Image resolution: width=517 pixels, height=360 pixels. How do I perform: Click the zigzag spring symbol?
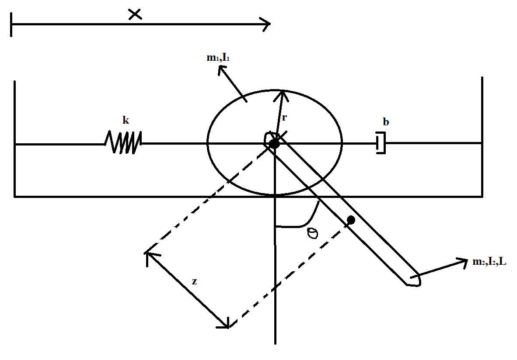(x=123, y=143)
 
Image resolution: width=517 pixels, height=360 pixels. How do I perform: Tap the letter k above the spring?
(x=126, y=121)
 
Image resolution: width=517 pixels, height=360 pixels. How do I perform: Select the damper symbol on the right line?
(x=381, y=144)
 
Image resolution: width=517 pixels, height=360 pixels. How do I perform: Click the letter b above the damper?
(x=385, y=123)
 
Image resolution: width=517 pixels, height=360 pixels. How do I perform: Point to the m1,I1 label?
(x=218, y=58)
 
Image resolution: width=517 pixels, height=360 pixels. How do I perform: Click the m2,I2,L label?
(x=489, y=262)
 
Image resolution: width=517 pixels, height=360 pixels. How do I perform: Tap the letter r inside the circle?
(x=285, y=117)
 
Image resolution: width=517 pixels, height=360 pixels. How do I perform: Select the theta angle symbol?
(x=313, y=233)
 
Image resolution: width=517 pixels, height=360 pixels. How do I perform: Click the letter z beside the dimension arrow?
(x=194, y=282)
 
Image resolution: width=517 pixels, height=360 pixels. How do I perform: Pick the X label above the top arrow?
(x=135, y=14)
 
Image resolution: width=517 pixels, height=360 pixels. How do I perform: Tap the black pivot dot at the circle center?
(x=274, y=144)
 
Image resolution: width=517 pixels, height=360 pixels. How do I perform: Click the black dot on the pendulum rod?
(x=351, y=220)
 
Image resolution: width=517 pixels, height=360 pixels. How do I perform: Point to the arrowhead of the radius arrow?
(x=283, y=93)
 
